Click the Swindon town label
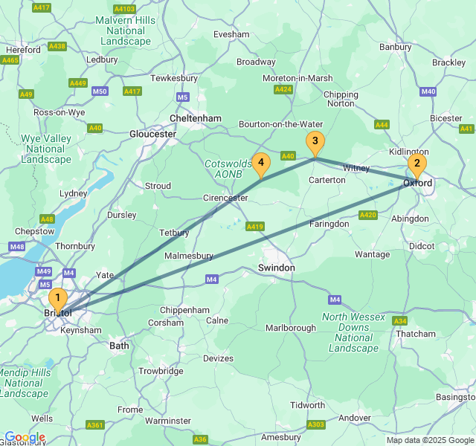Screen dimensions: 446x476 pyautogui.click(x=276, y=268)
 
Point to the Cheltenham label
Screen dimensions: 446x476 pyautogui.click(x=196, y=118)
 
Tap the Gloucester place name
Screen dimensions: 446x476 pyautogui.click(x=152, y=134)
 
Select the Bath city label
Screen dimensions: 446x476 pyautogui.click(x=119, y=346)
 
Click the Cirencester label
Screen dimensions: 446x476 pyautogui.click(x=225, y=198)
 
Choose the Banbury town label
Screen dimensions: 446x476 pyautogui.click(x=395, y=47)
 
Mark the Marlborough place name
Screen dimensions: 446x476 pyautogui.click(x=291, y=328)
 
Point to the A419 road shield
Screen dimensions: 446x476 pyautogui.click(x=255, y=226)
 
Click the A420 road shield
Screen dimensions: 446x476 pyautogui.click(x=367, y=215)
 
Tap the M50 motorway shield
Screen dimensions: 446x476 pyautogui.click(x=100, y=91)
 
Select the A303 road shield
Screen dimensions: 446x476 pyautogui.click(x=315, y=424)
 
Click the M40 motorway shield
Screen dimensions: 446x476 pyautogui.click(x=428, y=91)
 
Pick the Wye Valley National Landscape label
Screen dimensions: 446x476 pyautogui.click(x=46, y=149)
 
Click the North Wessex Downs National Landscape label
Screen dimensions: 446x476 pyautogui.click(x=354, y=332)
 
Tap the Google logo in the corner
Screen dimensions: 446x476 pyautogui.click(x=25, y=437)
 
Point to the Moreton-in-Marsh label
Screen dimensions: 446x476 pyautogui.click(x=297, y=78)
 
